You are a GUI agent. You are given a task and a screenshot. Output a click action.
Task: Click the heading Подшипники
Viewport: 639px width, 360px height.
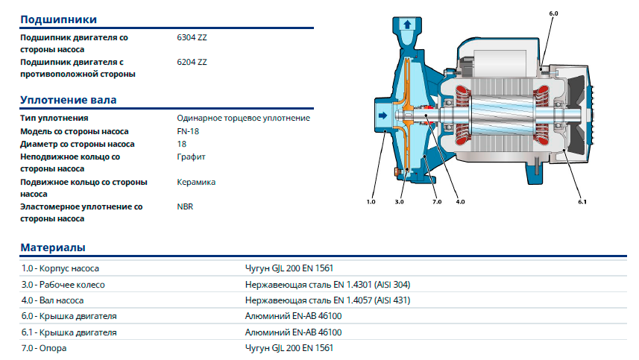pos(59,19)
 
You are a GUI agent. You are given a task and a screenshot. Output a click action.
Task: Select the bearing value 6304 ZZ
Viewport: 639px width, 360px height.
pos(192,37)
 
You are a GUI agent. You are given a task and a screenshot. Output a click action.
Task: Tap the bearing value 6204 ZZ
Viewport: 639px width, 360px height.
pos(192,63)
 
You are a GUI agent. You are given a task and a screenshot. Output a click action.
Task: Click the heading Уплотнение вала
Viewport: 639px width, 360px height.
pos(69,100)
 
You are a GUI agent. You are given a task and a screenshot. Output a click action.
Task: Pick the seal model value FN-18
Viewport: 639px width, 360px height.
pos(188,131)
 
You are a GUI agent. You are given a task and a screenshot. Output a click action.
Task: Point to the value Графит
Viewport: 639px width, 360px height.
pos(191,157)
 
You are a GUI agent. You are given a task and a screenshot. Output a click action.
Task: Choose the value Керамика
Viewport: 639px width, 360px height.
pos(196,182)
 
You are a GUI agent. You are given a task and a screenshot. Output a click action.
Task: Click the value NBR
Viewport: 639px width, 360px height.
pos(185,207)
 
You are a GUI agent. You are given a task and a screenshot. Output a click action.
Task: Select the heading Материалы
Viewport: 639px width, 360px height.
pos(53,247)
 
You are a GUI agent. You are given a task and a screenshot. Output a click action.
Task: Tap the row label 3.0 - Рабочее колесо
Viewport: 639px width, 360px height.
pos(63,285)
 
